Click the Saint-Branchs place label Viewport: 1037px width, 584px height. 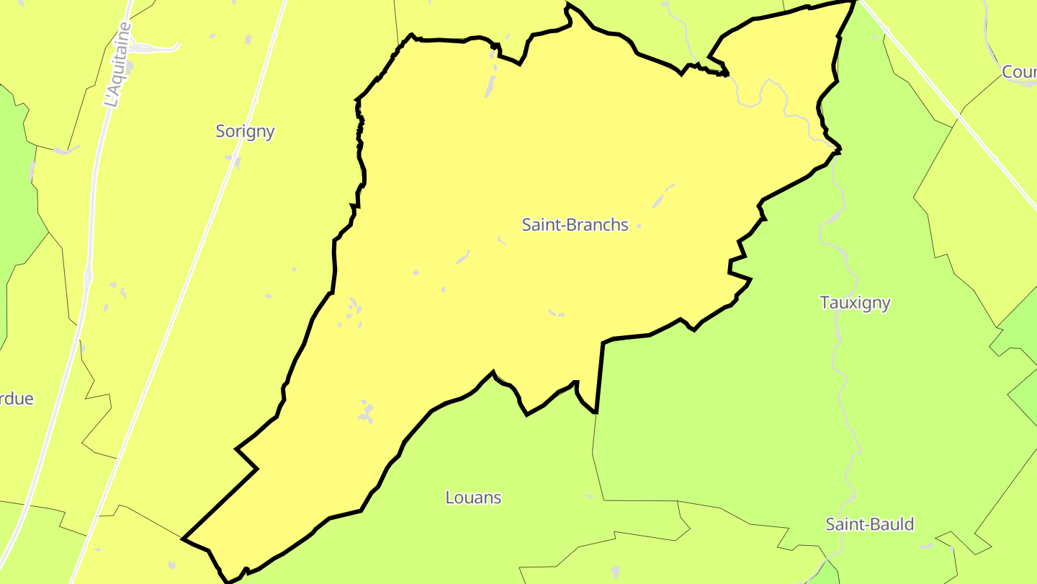575,225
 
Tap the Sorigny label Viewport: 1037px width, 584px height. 245,131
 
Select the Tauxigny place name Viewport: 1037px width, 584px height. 855,303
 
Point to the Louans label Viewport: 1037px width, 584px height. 473,497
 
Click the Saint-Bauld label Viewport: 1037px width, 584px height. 869,524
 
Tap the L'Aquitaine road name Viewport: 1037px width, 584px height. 118,65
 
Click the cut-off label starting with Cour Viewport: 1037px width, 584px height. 1018,72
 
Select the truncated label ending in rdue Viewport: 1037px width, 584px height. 16,399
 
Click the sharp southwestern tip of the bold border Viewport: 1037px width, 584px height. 185,539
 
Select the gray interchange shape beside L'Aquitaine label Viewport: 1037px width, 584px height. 155,48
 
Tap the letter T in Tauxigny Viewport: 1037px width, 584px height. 825,303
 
